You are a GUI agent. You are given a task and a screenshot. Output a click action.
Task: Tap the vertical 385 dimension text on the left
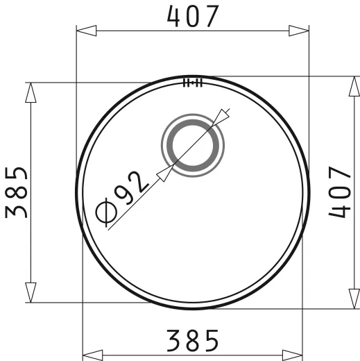[17, 192]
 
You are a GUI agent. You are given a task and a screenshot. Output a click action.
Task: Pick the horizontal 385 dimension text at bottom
[193, 339]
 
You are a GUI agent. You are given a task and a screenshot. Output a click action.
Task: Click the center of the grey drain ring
[193, 146]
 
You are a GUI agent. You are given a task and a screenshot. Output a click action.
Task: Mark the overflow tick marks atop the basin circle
[192, 83]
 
